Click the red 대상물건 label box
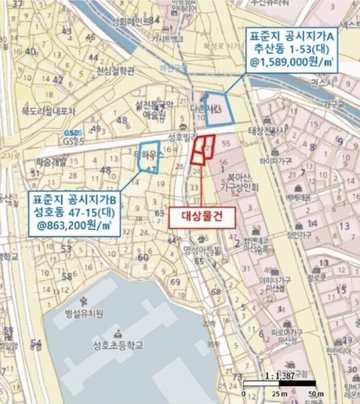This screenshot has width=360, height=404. coord(202,217)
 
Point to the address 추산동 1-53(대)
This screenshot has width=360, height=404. coord(291,49)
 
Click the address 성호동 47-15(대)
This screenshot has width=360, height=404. coord(74,212)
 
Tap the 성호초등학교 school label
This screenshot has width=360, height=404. coord(118,345)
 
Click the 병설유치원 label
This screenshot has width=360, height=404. coord(84,314)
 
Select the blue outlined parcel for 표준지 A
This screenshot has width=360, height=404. coord(218,109)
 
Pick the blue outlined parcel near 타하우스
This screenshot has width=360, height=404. coord(149,157)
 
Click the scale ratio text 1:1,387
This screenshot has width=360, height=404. coord(280,376)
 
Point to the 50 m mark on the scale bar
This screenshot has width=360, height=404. coord(315,394)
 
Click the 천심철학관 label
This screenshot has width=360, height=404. coord(116,71)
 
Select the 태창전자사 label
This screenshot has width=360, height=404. coord(267,131)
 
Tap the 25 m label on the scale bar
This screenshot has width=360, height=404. coord(279,394)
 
